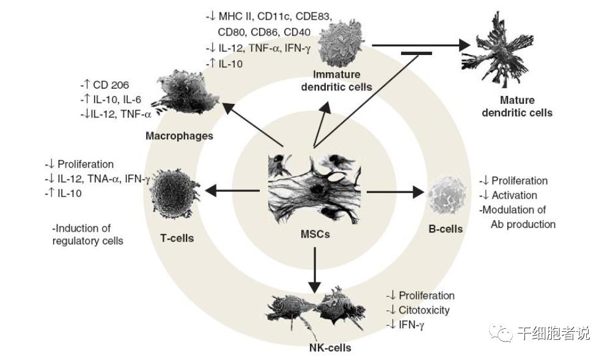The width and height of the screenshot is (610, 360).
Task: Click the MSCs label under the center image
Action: coord(315,233)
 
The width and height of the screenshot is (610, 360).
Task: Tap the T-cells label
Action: coord(177,238)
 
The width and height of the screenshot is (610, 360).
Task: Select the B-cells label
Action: coord(446,229)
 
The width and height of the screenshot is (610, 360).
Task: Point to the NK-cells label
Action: coord(330,348)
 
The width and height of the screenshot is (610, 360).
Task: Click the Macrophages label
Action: coord(179,136)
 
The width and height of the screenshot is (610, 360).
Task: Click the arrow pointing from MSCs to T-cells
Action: coord(235,191)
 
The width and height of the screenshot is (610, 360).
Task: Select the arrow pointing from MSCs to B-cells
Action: coord(396,192)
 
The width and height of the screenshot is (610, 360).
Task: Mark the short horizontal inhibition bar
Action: coord(416,54)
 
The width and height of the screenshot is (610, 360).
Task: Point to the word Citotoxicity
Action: coord(423,310)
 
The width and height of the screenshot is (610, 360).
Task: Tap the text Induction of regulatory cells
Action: coord(89,235)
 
